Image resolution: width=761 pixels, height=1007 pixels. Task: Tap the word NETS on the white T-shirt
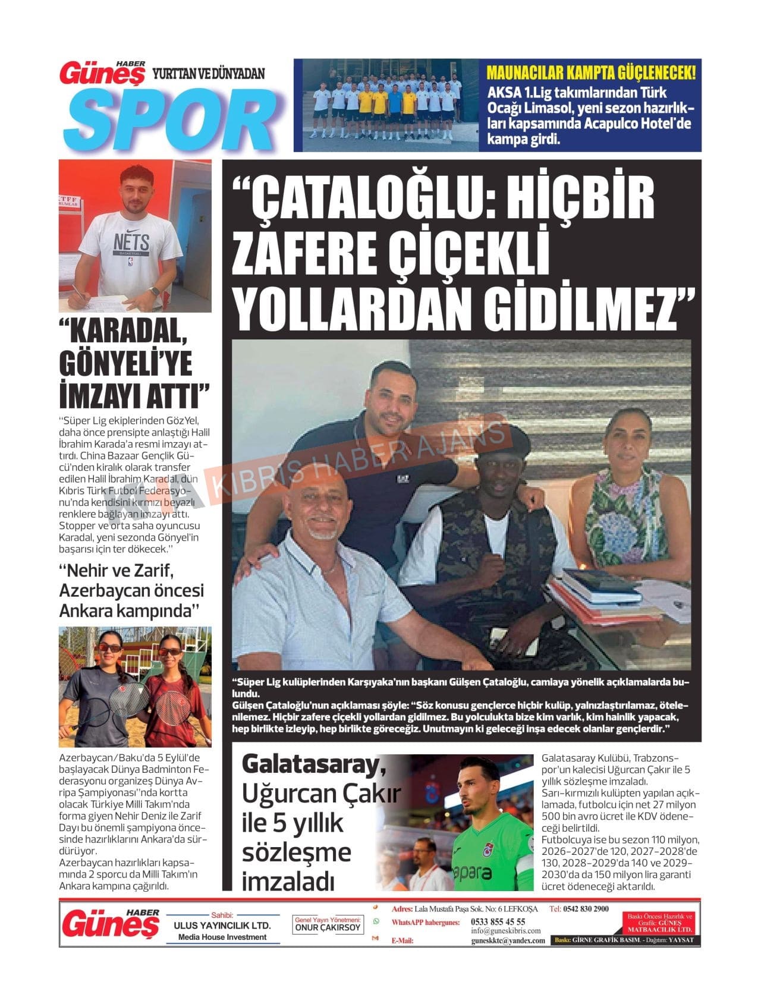coord(131,241)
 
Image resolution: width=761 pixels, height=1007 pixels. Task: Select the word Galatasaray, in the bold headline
coord(313,766)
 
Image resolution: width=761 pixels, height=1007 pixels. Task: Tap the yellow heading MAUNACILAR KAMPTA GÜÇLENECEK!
coord(591,73)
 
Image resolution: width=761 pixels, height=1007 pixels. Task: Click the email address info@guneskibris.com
coord(506,930)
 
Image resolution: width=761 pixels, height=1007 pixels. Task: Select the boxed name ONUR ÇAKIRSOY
coord(328,927)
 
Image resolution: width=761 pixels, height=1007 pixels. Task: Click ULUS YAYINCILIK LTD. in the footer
coord(222,926)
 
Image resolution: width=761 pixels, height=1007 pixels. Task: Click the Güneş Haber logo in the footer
coord(111,924)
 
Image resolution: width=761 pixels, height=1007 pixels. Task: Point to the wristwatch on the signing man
coord(154,292)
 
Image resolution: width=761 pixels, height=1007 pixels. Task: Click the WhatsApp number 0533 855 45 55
coord(498,921)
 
